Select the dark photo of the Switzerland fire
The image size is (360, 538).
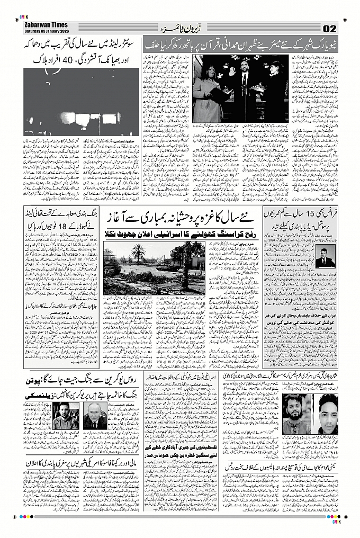(82, 102)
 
